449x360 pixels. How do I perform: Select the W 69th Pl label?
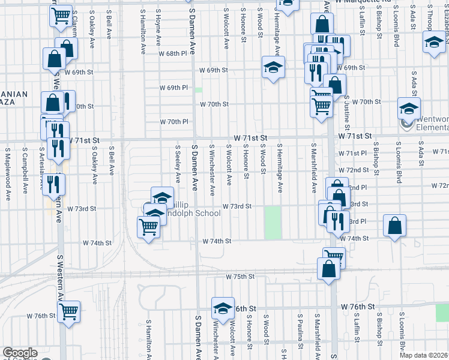click(x=173, y=88)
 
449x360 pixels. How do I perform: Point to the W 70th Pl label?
click(x=174, y=122)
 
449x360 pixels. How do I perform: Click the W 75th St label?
click(x=240, y=277)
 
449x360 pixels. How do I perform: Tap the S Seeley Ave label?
click(x=178, y=163)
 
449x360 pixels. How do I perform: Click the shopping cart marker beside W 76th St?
click(x=68, y=311)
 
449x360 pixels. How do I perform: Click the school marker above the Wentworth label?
click(x=409, y=109)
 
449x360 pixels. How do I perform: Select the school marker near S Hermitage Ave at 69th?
click(x=273, y=68)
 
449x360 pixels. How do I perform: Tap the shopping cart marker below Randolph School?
click(x=148, y=227)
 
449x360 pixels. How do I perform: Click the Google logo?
click(x=19, y=353)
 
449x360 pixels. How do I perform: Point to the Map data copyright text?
click(x=422, y=355)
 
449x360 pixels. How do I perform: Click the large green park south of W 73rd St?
click(x=273, y=222)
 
